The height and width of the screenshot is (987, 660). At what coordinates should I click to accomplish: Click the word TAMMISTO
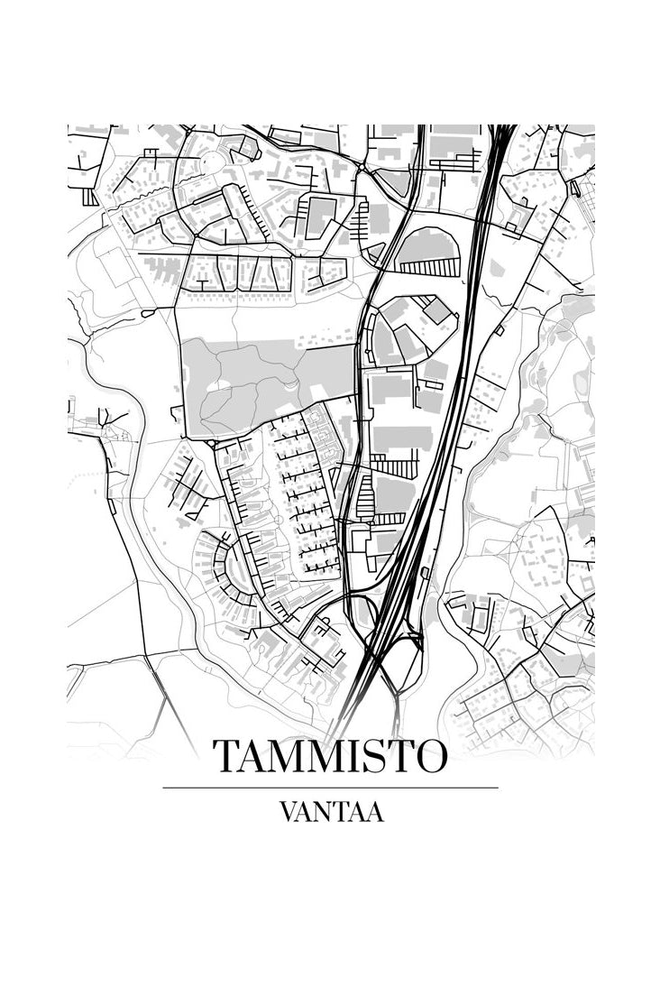[329, 757]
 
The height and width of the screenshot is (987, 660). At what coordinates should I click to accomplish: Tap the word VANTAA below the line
[331, 812]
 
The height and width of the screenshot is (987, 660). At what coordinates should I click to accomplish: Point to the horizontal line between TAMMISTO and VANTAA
[330, 788]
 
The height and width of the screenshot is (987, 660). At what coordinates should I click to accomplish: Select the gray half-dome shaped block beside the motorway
[427, 244]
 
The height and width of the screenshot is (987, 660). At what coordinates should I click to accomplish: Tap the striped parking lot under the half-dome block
[429, 267]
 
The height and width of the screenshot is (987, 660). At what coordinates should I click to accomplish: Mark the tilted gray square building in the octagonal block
[437, 311]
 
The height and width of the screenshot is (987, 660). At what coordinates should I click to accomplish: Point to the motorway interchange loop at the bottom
[402, 659]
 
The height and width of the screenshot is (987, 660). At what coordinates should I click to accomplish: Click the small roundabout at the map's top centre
[361, 168]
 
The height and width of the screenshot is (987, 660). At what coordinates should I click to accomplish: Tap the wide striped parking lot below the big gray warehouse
[394, 466]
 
